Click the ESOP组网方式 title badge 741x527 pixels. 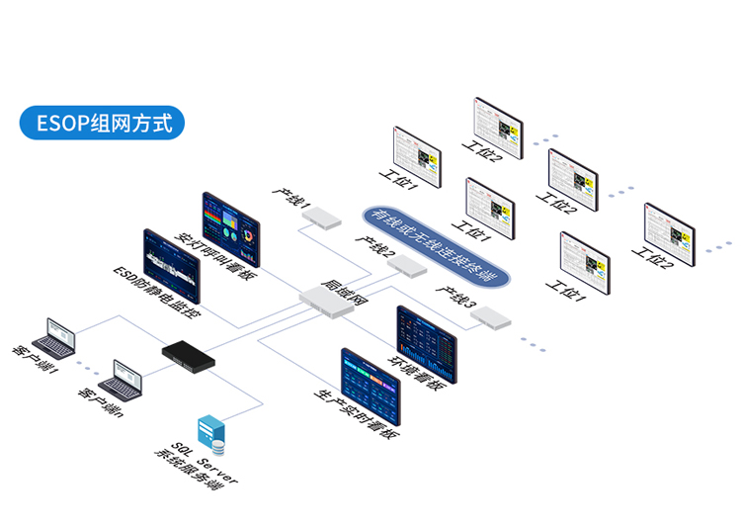[x=103, y=123]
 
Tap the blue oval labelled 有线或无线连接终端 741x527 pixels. [x=435, y=247]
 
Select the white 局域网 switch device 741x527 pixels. [x=326, y=300]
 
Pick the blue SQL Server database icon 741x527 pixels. [x=210, y=430]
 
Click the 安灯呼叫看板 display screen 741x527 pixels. [x=233, y=229]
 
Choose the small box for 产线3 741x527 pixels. [x=490, y=317]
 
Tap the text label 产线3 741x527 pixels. [x=456, y=298]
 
